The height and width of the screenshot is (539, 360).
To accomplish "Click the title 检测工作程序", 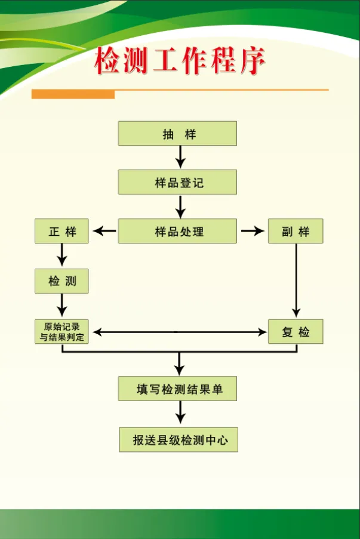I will [179, 62].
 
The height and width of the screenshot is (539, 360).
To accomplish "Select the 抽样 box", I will [177, 134].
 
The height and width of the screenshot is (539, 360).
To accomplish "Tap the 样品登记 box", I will [177, 182].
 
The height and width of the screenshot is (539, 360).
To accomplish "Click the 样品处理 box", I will [177, 231].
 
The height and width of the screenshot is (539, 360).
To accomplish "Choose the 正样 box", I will [61, 231].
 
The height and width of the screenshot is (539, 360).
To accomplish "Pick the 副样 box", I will [296, 231].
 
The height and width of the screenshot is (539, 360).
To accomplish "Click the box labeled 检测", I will [61, 281].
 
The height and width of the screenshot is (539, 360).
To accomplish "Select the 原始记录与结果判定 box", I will [61, 331].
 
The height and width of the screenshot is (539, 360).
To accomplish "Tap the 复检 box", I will [296, 331].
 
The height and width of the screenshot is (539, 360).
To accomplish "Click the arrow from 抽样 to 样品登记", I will [180, 158].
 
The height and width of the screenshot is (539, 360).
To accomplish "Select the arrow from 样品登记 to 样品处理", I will [180, 207].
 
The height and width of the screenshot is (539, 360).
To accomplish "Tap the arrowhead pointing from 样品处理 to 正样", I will [103, 231].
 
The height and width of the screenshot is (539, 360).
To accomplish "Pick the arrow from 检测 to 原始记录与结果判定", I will [61, 306].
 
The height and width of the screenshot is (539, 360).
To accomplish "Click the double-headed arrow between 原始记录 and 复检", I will [179, 332].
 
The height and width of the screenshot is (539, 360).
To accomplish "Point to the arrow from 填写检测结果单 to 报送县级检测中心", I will [180, 414].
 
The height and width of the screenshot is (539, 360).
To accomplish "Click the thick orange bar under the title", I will [73, 94].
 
